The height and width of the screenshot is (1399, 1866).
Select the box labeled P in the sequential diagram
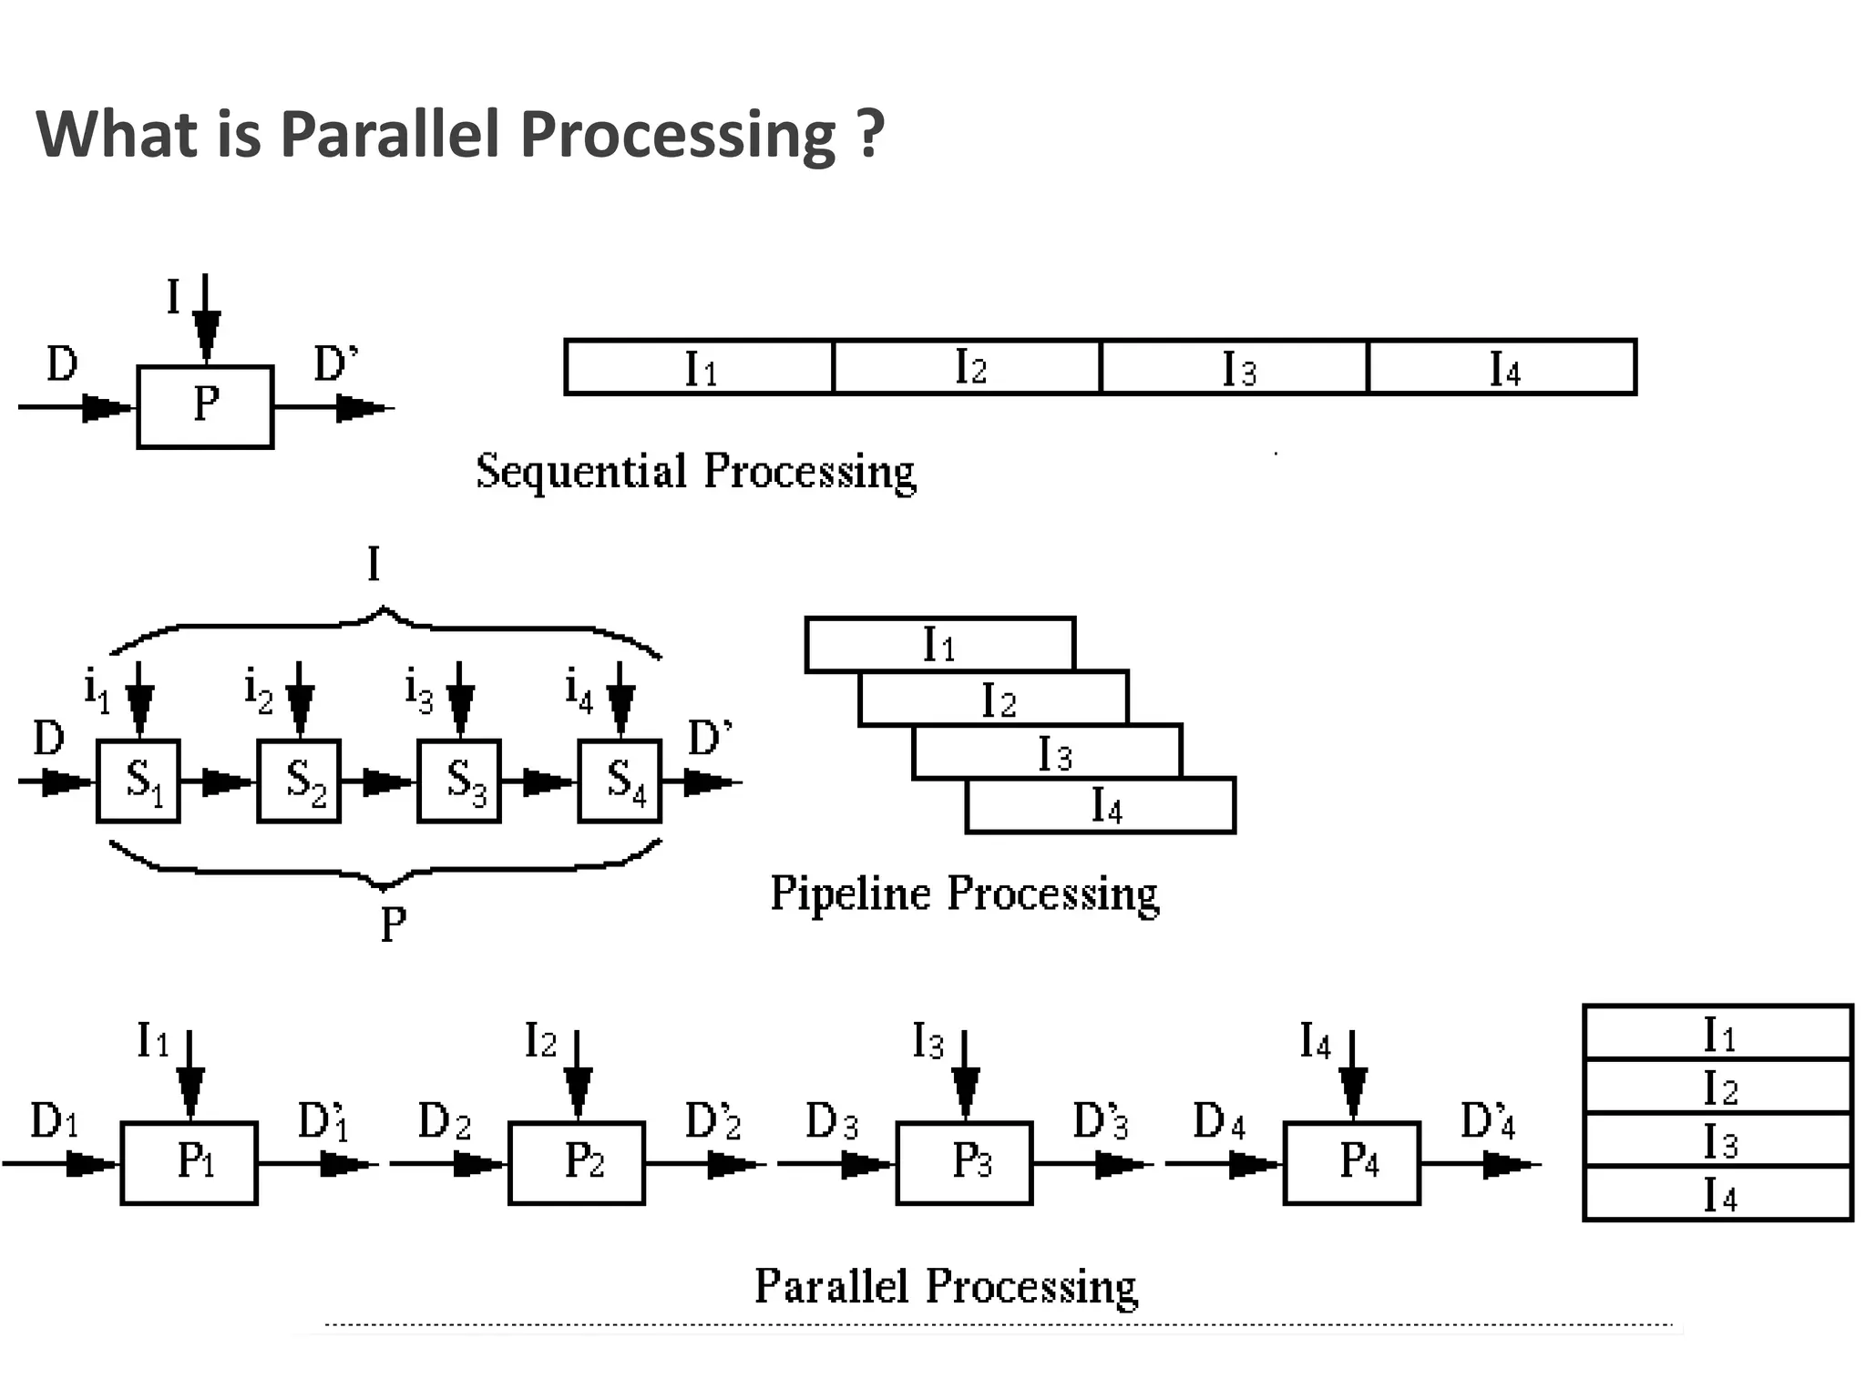point(205,406)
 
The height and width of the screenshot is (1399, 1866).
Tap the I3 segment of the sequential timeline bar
point(1235,367)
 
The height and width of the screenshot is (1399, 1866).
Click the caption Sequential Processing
point(695,472)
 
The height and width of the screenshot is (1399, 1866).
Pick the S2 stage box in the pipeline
point(299,781)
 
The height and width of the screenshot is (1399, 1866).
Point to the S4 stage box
point(620,781)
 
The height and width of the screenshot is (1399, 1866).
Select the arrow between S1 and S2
point(219,781)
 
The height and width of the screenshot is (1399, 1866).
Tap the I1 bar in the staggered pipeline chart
point(939,645)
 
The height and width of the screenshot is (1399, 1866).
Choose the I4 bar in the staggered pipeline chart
point(1101,806)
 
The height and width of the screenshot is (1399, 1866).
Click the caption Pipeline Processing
point(964,894)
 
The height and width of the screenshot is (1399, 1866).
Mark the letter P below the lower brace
point(393,925)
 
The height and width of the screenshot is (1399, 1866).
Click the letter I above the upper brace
point(374,565)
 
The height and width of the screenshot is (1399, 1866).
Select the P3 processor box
point(964,1162)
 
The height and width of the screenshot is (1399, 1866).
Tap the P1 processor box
point(190,1162)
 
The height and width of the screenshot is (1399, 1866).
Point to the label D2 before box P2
point(444,1121)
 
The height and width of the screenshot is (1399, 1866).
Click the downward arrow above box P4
point(1352,1075)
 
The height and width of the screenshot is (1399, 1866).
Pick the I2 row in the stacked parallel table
point(1717,1087)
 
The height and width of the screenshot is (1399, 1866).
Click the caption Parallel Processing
point(946,1286)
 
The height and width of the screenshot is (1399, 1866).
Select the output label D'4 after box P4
point(1487,1121)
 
